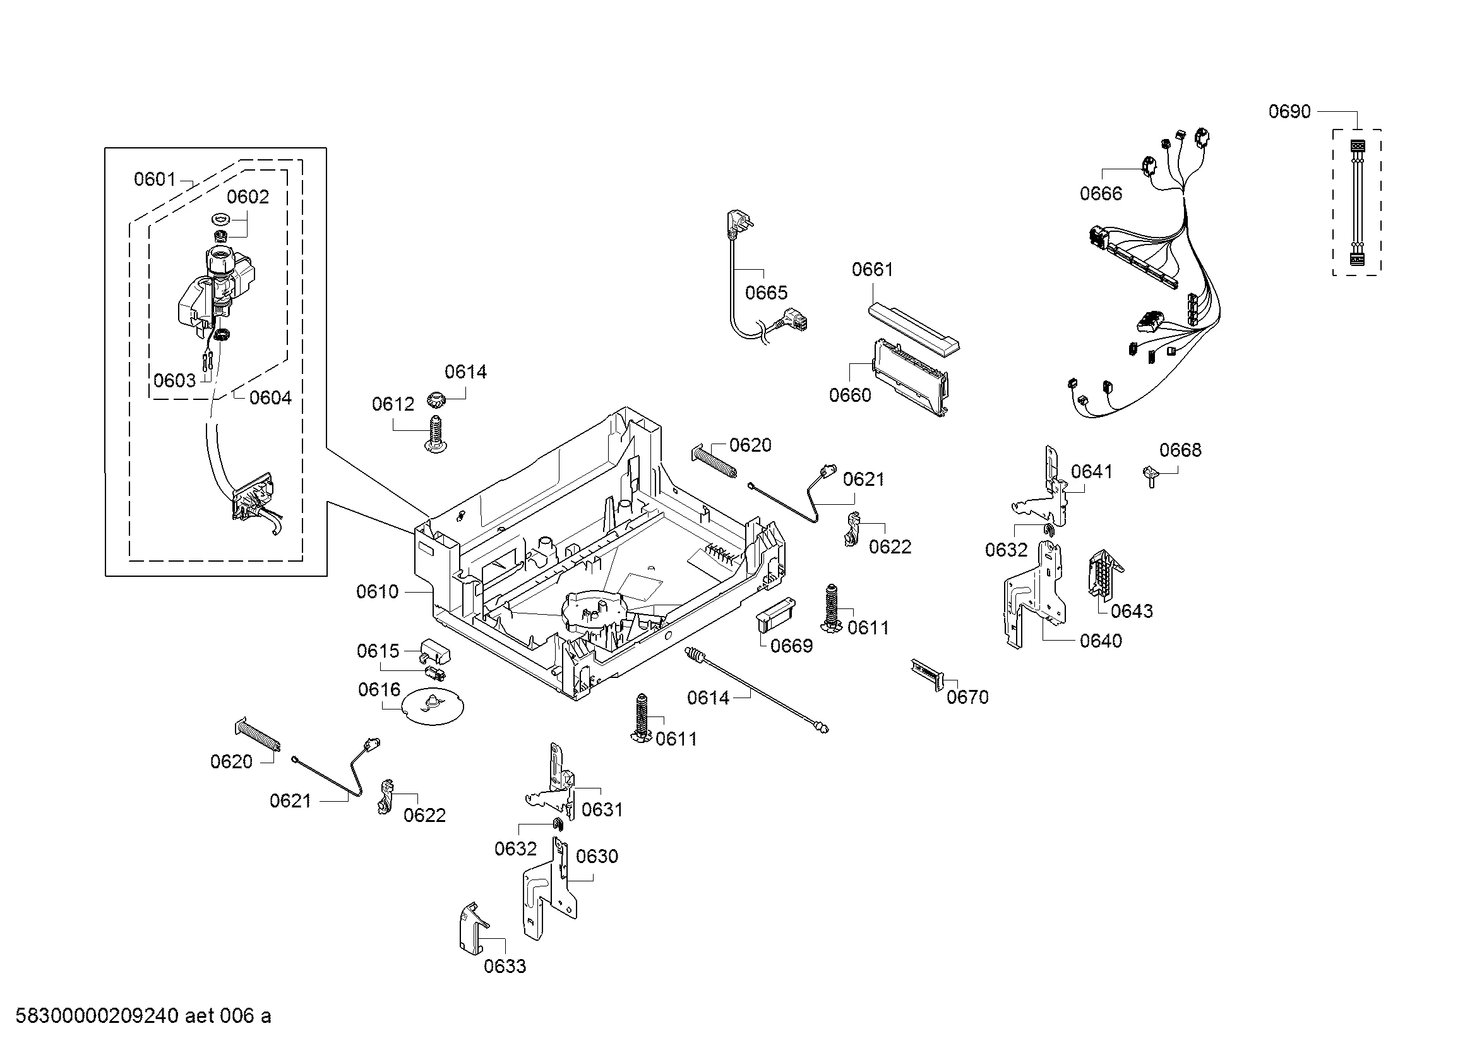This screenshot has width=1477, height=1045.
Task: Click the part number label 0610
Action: click(378, 591)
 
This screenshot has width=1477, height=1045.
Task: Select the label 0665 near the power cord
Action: click(766, 293)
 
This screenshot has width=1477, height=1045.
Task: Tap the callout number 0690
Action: click(1289, 111)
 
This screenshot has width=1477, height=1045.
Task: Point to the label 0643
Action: click(1132, 611)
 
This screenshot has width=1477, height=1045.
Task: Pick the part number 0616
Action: click(379, 690)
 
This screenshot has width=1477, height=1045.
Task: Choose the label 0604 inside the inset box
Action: click(270, 397)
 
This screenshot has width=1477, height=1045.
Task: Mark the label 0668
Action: click(1180, 450)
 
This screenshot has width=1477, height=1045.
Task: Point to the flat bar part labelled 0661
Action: click(913, 329)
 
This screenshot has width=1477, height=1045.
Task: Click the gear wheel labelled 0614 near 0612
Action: click(436, 399)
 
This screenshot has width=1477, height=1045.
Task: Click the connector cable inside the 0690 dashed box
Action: click(1356, 202)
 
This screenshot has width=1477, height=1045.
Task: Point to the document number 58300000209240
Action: click(97, 1016)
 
